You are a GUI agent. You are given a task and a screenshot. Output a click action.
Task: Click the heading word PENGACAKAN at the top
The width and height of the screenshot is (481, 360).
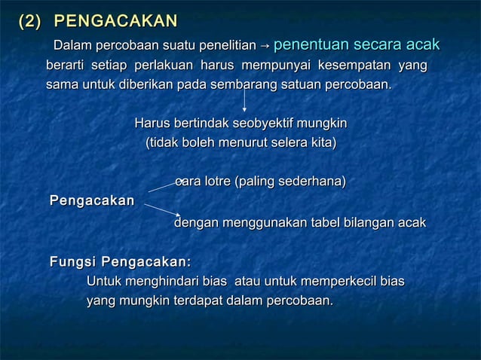117,21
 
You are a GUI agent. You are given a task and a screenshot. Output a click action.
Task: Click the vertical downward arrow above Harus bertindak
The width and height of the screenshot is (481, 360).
244,102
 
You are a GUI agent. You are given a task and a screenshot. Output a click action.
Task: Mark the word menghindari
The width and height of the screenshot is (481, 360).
161,282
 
